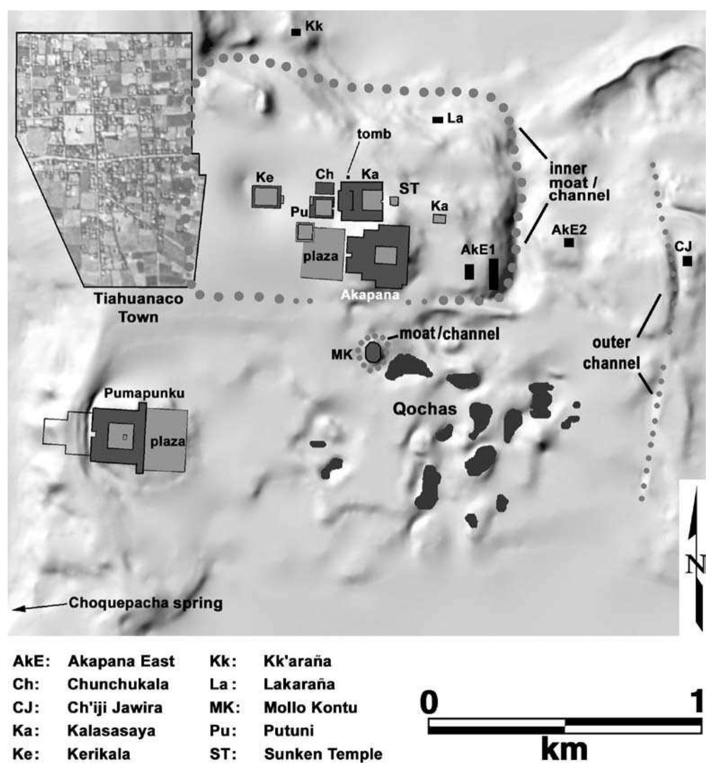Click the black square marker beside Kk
tap(296, 32)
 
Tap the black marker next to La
tap(437, 120)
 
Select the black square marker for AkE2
tap(569, 243)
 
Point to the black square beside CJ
tap(687, 261)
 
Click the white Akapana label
tap(370, 295)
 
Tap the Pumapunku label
tap(144, 394)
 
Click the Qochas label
tap(425, 409)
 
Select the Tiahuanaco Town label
tap(138, 308)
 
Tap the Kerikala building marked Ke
tap(266, 197)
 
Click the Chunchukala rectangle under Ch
tap(324, 188)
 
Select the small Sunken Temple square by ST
tap(394, 201)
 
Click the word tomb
tap(374, 134)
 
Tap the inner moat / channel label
tap(579, 182)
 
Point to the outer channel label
tap(611, 353)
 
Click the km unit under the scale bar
tap(564, 750)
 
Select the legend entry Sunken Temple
tap(323, 754)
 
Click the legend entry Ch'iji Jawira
tap(115, 708)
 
